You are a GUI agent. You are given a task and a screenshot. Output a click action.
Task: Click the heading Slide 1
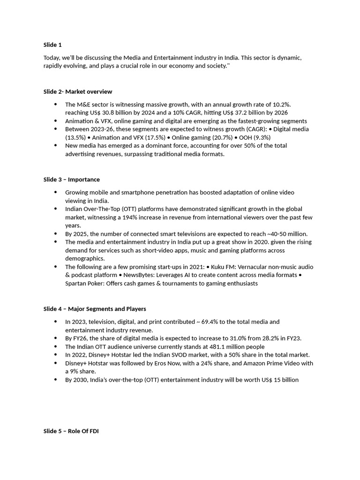[x=52, y=45]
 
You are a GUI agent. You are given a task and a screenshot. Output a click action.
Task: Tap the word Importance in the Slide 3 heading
[x=84, y=180]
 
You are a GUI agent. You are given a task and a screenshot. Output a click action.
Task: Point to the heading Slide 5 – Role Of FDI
[x=71, y=431]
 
